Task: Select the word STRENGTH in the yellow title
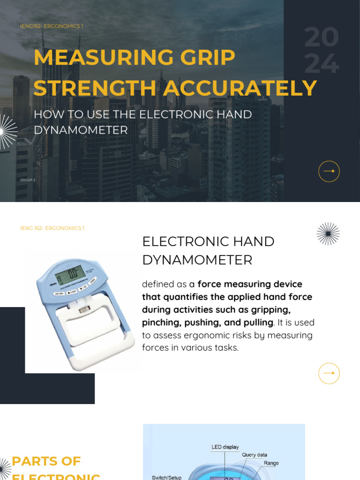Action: [x=95, y=89]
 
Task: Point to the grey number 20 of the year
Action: [x=321, y=38]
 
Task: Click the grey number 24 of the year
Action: [x=322, y=64]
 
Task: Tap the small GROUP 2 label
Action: [x=28, y=180]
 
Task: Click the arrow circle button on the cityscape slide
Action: [x=329, y=171]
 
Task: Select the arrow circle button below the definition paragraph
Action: [x=329, y=373]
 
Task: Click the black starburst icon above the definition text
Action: [x=328, y=234]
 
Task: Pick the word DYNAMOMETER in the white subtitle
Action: [x=81, y=130]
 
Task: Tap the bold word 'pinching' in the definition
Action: [x=162, y=322]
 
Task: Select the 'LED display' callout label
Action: [x=225, y=447]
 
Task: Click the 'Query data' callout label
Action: [x=255, y=455]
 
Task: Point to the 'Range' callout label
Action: [x=271, y=463]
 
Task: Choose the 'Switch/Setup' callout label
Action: [x=166, y=477]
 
